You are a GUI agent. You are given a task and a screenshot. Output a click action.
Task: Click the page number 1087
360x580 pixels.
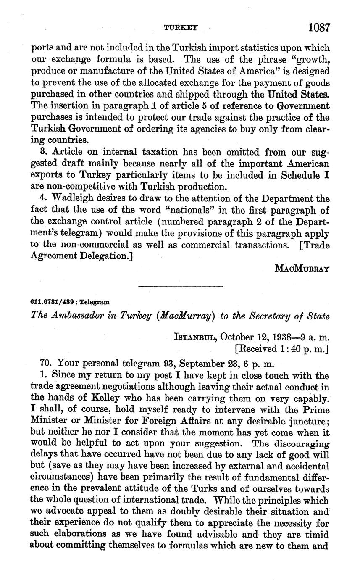pos(319,27)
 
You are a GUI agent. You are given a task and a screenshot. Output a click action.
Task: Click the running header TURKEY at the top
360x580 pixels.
pos(181,28)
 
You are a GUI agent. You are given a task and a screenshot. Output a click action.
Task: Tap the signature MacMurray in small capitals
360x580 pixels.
pos(301,268)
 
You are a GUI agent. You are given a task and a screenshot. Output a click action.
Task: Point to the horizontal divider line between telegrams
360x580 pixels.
pos(181,287)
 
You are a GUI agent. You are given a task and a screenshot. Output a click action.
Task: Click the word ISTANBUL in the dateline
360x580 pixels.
pos(195,337)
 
